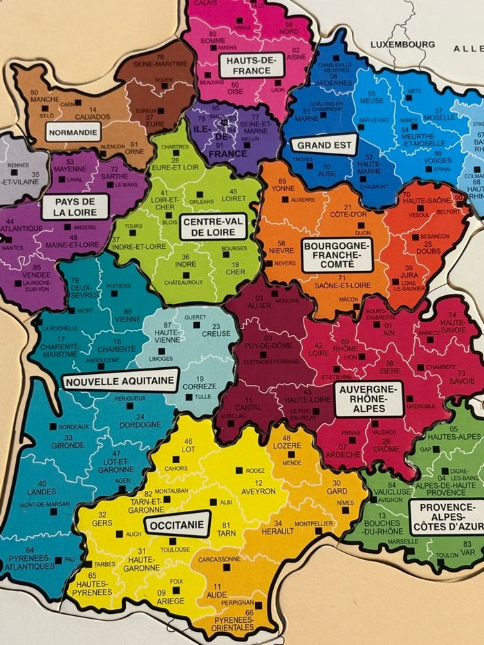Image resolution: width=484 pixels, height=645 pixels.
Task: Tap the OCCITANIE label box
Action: [177, 525]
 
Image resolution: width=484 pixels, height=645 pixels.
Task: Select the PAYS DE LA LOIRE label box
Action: [75, 206]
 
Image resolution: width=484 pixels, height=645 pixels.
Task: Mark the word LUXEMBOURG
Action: [402, 44]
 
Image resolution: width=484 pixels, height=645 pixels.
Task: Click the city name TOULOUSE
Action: [175, 550]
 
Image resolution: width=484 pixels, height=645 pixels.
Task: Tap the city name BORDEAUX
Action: [74, 427]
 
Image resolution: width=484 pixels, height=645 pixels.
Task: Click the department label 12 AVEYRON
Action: [258, 487]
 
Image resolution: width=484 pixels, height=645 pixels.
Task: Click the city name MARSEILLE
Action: [403, 541]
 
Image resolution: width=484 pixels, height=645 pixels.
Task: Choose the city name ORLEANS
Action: [202, 201]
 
